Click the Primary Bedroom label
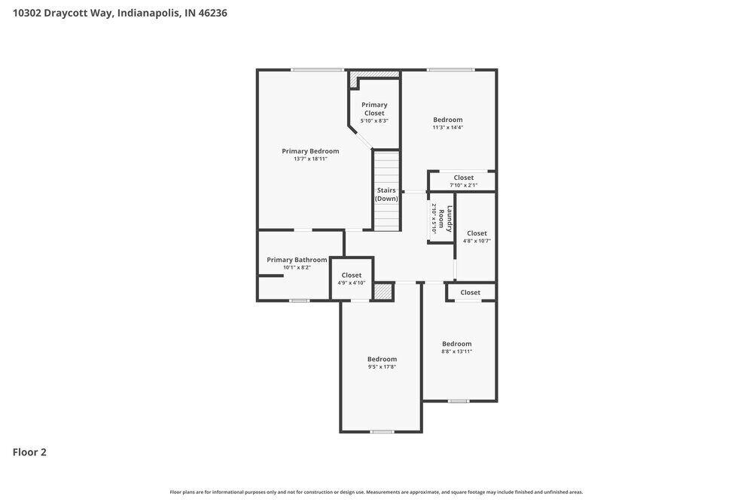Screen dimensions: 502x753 [310, 151]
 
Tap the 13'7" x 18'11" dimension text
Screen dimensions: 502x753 [310, 159]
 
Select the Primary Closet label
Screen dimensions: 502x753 [374, 109]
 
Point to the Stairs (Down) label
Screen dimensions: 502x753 [386, 194]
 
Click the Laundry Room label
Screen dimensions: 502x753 [450, 218]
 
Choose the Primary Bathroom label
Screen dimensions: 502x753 [297, 260]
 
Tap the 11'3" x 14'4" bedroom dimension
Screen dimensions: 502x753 [447, 127]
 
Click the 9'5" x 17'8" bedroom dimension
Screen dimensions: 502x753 [382, 367]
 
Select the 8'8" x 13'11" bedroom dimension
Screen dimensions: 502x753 [456, 351]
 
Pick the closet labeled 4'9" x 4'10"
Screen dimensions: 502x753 [352, 282]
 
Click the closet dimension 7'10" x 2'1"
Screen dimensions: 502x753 [463, 185]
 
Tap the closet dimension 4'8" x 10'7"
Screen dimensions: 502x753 [477, 241]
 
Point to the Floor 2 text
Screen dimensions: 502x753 [29, 452]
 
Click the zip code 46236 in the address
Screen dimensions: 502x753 [212, 13]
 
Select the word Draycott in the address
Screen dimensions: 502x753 [73, 13]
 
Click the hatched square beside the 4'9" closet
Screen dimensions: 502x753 [383, 292]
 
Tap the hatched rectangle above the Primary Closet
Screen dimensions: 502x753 [374, 74]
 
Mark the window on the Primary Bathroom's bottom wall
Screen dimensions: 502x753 [299, 301]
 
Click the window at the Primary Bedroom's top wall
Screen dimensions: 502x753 [318, 70]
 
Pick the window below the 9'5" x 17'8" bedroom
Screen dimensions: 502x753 [382, 431]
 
